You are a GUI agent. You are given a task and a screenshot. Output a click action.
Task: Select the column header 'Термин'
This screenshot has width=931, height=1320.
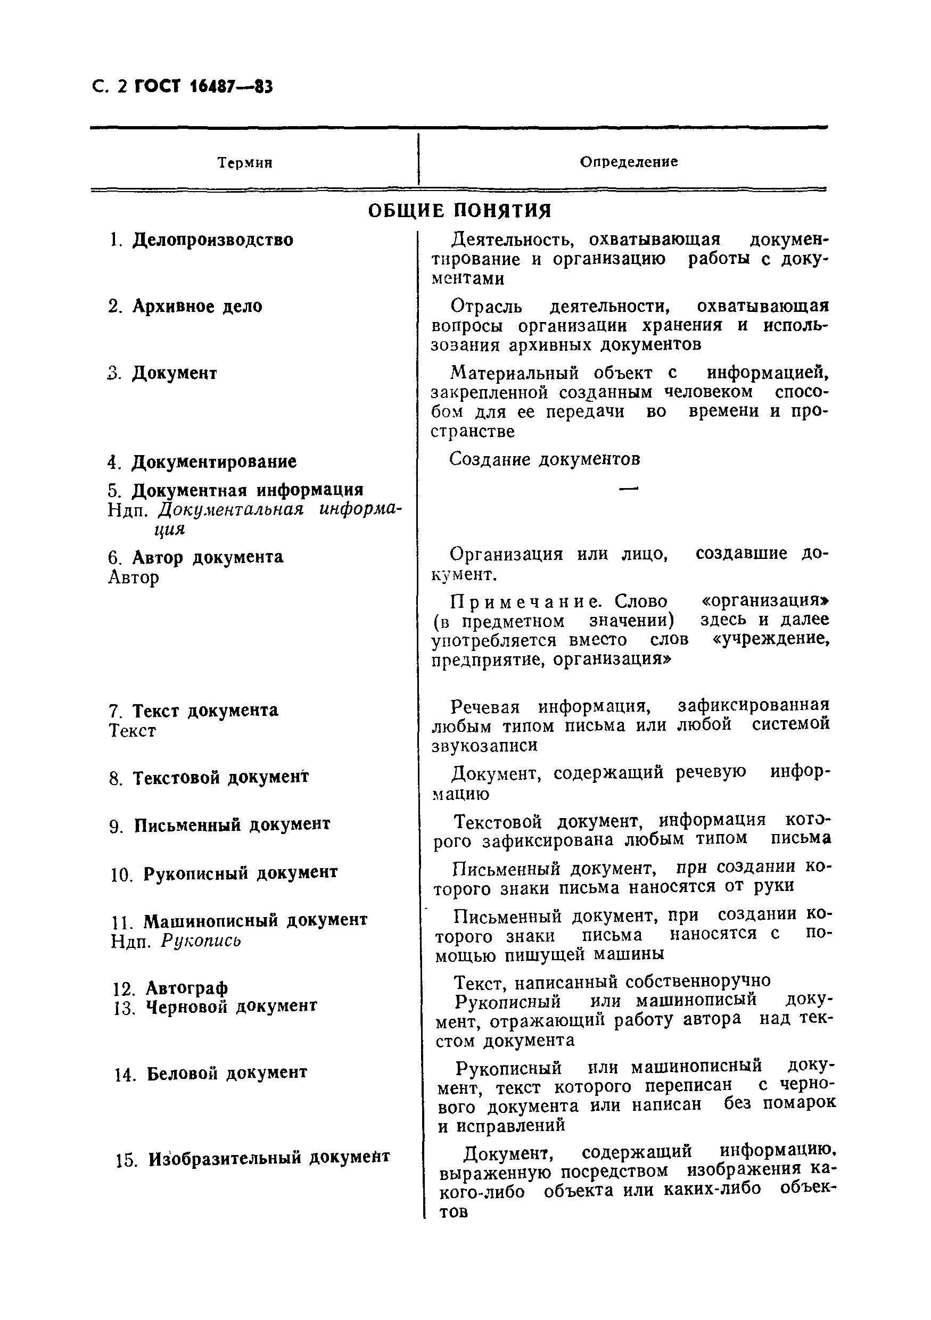(x=245, y=163)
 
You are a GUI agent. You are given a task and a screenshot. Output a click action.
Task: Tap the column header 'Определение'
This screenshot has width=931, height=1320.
(x=629, y=162)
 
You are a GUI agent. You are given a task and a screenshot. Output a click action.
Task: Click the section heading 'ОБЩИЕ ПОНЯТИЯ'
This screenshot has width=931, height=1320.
(x=459, y=211)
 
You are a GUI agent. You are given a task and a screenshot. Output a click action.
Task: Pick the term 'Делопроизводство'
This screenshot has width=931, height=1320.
(x=213, y=240)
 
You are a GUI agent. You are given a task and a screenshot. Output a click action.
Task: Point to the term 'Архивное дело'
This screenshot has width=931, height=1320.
(x=197, y=307)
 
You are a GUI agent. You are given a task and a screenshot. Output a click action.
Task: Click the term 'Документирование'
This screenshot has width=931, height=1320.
(x=214, y=461)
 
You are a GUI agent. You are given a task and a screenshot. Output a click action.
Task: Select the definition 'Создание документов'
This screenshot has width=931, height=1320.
(x=545, y=459)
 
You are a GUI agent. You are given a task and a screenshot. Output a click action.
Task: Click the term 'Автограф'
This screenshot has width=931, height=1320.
(x=187, y=988)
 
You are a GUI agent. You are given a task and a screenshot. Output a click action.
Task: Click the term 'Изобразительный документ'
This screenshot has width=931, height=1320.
(x=269, y=1157)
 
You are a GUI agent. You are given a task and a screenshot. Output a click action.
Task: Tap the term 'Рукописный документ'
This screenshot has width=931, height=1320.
(x=241, y=873)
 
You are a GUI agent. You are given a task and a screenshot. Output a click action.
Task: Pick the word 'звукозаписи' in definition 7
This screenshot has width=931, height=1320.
(x=485, y=745)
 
